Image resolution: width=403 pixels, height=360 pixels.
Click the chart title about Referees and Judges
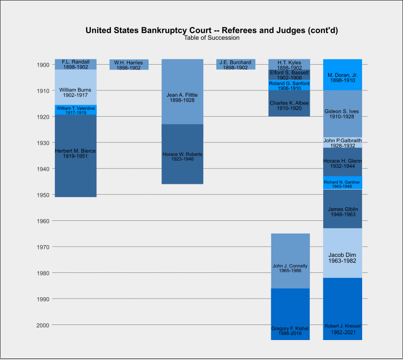click(x=211, y=30)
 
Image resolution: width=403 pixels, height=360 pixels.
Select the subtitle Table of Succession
click(x=211, y=38)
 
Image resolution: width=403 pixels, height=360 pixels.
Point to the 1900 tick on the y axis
click(x=42, y=65)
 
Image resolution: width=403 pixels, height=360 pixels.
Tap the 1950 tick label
click(x=42, y=195)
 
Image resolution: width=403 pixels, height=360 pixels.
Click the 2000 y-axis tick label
click(x=42, y=325)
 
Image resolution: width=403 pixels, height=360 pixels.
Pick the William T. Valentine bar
click(x=75, y=110)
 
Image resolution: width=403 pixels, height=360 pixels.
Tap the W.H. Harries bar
click(x=129, y=64)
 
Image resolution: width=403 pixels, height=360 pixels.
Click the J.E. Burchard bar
click(x=235, y=64)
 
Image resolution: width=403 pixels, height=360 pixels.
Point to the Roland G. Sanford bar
click(x=289, y=85)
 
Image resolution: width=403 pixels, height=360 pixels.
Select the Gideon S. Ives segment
click(x=343, y=113)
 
